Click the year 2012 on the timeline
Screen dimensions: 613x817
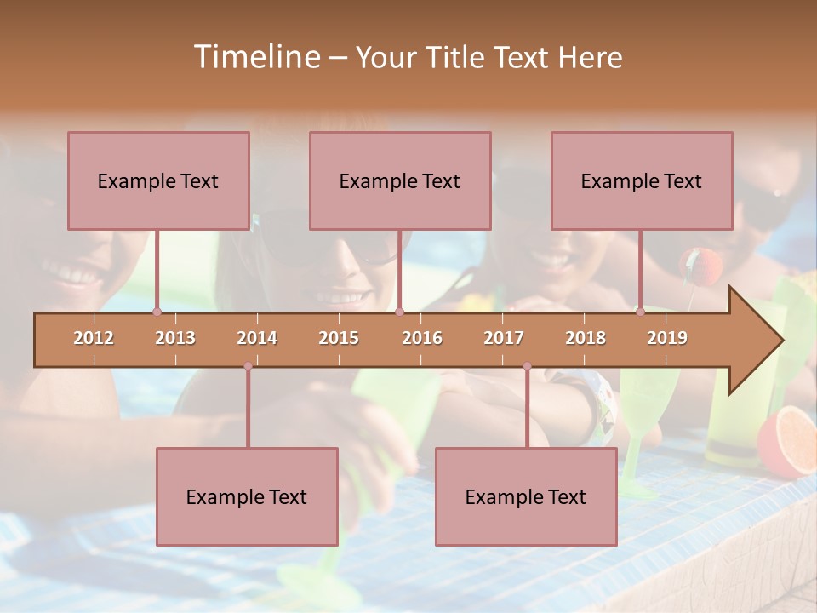pyautogui.click(x=94, y=338)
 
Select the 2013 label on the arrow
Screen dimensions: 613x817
pyautogui.click(x=175, y=338)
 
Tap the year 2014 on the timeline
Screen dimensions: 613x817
pyautogui.click(x=257, y=338)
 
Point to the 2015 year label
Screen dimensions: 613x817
pyautogui.click(x=339, y=338)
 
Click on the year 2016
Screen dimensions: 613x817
pyautogui.click(x=422, y=338)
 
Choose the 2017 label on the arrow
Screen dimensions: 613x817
pyautogui.click(x=504, y=338)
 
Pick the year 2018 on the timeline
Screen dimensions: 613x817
pyautogui.click(x=586, y=338)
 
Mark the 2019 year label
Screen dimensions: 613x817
pyautogui.click(x=667, y=338)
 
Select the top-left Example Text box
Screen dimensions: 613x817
pyautogui.click(x=158, y=180)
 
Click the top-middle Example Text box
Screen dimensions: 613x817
pyautogui.click(x=400, y=180)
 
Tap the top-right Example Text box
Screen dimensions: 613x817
pyautogui.click(x=642, y=180)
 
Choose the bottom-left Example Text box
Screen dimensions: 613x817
pyautogui.click(x=247, y=496)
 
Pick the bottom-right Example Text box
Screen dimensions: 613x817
pyautogui.click(x=526, y=496)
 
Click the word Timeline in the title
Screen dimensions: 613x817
pyautogui.click(x=255, y=57)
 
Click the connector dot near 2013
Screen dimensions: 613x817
pyautogui.click(x=157, y=312)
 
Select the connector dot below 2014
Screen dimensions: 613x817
pyautogui.click(x=248, y=366)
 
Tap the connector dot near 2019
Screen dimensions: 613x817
pyautogui.click(x=640, y=312)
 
